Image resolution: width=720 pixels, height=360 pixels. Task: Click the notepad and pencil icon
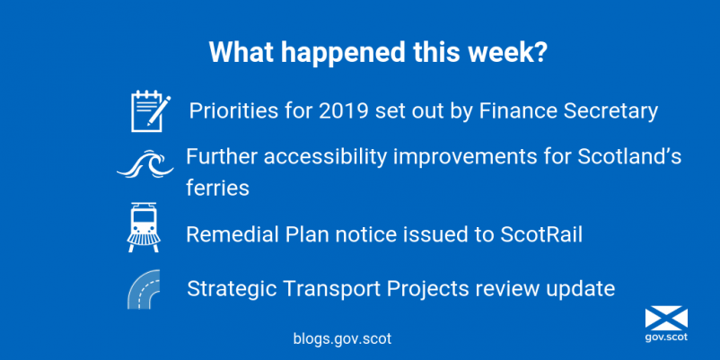click(x=151, y=111)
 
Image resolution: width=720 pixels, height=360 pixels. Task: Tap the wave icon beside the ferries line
click(x=145, y=164)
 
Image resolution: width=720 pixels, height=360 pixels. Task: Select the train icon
click(x=143, y=227)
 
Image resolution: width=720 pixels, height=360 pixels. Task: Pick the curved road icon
click(x=144, y=289)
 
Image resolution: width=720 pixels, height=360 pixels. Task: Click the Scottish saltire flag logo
click(x=666, y=319)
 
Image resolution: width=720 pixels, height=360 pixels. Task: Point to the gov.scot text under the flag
click(x=666, y=337)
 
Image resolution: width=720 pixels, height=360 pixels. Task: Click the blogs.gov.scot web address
click(x=342, y=338)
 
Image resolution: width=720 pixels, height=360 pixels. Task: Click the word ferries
click(x=217, y=189)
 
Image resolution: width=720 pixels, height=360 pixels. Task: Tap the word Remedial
click(x=233, y=234)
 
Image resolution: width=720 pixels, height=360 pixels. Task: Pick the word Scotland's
click(x=629, y=157)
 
